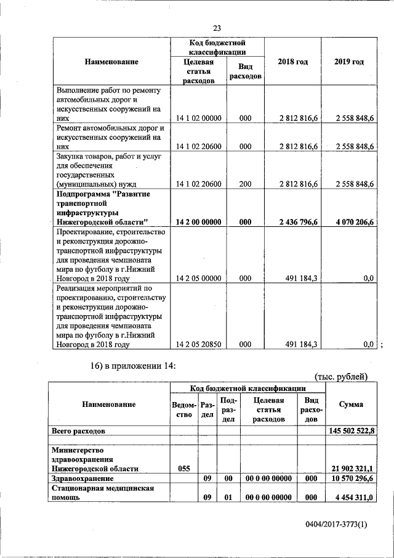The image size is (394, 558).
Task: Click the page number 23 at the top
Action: click(217, 28)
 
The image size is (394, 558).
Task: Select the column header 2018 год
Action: click(292, 62)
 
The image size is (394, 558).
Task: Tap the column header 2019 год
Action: click(348, 62)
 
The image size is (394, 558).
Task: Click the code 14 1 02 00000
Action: click(198, 118)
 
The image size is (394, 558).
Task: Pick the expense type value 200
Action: click(245, 184)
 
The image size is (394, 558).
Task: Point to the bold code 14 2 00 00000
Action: click(198, 222)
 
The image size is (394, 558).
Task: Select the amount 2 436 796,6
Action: click(295, 222)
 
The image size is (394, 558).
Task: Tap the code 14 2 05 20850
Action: click(198, 345)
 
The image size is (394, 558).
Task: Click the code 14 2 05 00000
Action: click(198, 279)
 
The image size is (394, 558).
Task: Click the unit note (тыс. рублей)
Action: click(340, 377)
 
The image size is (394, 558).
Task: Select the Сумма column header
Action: click(350, 404)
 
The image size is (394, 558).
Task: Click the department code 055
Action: click(183, 468)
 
